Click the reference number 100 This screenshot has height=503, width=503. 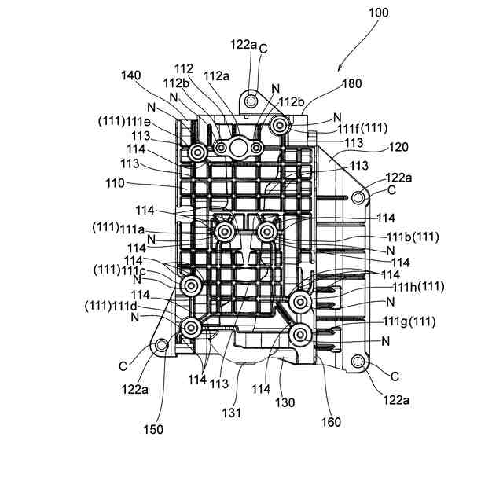377,13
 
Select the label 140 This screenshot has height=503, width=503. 131,75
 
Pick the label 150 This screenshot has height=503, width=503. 153,429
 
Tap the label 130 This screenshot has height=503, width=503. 285,402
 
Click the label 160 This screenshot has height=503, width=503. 331,422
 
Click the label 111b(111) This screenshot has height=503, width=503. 412,237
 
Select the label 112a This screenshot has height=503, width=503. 216,75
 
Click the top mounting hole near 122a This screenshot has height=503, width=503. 251,101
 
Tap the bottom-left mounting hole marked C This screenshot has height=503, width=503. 162,345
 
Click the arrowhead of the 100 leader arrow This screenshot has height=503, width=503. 339,71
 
